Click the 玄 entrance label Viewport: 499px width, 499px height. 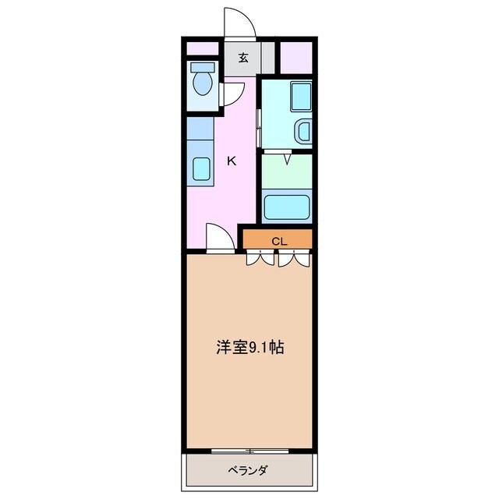tap(243, 57)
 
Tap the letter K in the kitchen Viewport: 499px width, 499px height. tap(231, 161)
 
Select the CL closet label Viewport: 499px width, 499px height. tap(279, 241)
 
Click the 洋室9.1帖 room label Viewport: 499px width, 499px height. tap(249, 348)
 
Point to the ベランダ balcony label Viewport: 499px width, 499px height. tap(249, 470)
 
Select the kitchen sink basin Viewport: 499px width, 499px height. tap(201, 168)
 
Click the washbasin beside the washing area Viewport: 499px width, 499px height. tap(303, 132)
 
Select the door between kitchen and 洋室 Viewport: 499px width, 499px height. tap(219, 237)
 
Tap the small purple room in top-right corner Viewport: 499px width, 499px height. tap(296, 57)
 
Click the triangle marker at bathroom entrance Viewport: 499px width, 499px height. tap(287, 161)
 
